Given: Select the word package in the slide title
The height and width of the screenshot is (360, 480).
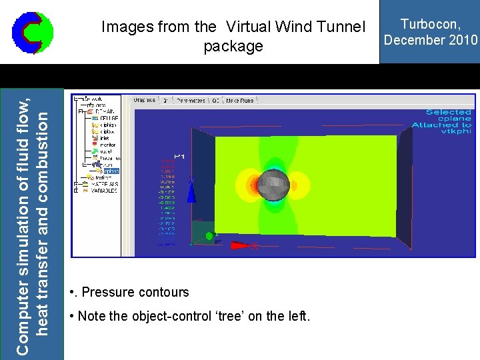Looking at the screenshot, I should tap(233, 47).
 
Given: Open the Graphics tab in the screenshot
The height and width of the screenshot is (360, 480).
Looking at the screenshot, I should tap(145, 100).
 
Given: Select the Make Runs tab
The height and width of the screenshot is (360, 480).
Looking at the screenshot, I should tap(241, 100).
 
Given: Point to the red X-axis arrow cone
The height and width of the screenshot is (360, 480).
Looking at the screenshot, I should tap(240, 245).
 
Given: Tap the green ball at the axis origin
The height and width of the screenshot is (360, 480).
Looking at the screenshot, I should tap(209, 235).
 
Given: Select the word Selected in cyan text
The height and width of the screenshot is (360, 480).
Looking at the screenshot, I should tap(448, 112).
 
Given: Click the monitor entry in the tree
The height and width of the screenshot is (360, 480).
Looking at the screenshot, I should tap(107, 144).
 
